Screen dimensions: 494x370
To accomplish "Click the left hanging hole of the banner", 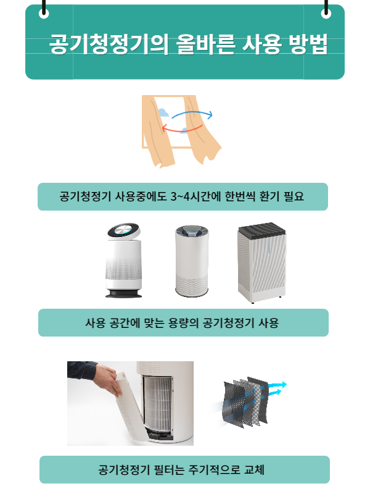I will coord(44,14).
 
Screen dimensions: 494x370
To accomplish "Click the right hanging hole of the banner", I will coord(326,14).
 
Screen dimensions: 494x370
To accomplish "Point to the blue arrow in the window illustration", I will coord(191,114).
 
